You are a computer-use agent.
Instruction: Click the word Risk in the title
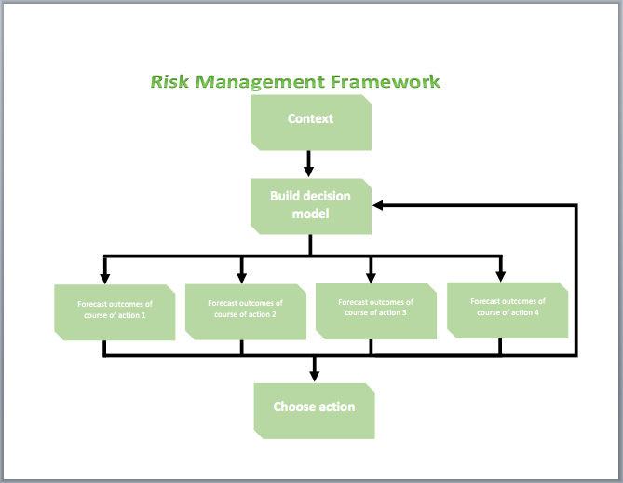tap(169, 81)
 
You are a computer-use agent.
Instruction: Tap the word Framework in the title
tap(385, 81)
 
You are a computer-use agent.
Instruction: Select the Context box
tap(311, 122)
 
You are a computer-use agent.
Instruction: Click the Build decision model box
tap(311, 206)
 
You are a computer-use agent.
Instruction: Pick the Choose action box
tap(314, 411)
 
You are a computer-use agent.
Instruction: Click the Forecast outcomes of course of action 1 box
tap(115, 312)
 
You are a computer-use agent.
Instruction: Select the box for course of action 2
tap(246, 312)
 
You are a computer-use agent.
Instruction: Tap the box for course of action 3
tap(376, 311)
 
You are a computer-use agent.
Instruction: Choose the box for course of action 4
tap(508, 310)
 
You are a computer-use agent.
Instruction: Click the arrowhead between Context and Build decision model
tap(308, 172)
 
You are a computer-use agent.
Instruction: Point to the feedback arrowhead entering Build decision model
tap(378, 205)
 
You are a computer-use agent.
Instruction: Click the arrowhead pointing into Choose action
tap(314, 376)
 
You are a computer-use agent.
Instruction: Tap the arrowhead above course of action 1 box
tap(105, 278)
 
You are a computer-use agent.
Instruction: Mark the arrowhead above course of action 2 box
tap(241, 278)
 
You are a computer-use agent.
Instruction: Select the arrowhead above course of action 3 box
tap(371, 277)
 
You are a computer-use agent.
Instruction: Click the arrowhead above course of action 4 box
tap(501, 276)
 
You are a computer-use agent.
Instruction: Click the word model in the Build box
tap(311, 214)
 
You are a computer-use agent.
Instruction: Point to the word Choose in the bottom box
tap(292, 407)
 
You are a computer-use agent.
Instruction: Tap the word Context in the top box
tap(310, 118)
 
